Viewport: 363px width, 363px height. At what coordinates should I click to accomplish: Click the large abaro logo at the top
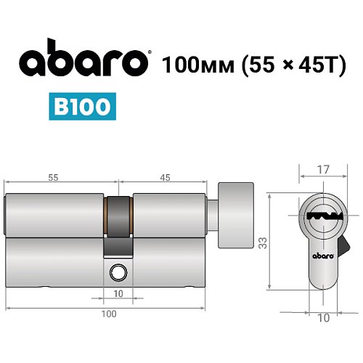[79, 63]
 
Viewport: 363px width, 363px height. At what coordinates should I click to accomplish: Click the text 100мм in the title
[192, 63]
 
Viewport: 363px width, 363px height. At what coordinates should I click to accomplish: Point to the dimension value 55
[53, 176]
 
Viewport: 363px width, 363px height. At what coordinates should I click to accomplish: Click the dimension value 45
[166, 176]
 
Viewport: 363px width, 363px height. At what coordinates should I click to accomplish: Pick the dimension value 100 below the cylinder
[108, 314]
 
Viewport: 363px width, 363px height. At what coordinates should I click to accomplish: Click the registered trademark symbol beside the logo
[150, 53]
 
